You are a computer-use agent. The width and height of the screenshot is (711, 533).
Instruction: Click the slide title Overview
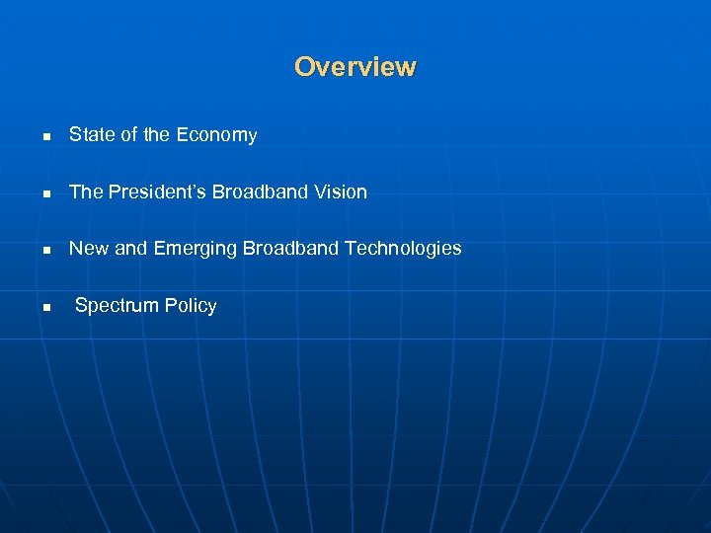coord(355,67)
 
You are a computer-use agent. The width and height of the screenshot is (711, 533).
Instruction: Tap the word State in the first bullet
coord(91,135)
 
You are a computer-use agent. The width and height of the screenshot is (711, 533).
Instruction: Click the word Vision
coord(341,192)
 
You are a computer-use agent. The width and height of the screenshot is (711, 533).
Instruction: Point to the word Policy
coord(191,306)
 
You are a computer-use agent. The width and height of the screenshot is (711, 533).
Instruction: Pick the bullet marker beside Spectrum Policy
coord(45,308)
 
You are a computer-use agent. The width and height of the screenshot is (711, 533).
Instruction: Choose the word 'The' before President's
coord(86,192)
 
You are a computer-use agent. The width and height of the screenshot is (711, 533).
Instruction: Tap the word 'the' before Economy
coord(157,135)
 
